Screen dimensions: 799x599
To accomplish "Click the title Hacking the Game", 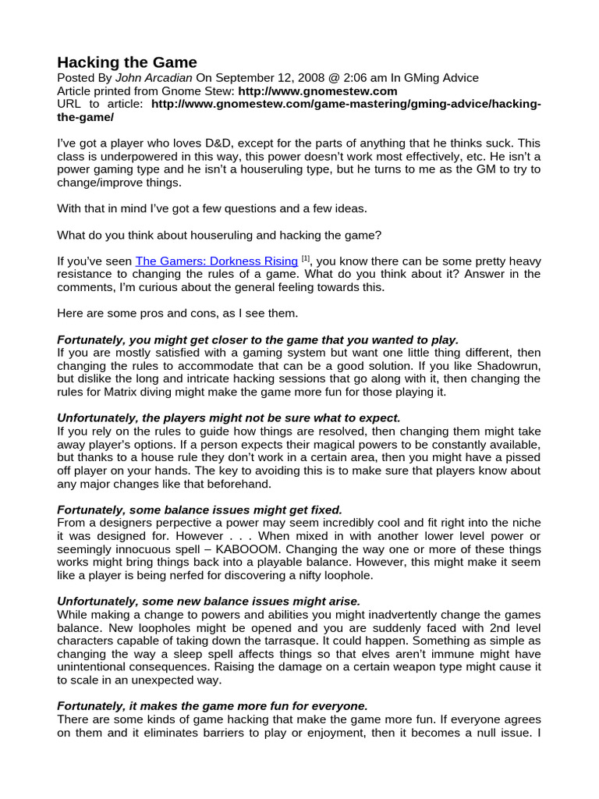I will point(127,62).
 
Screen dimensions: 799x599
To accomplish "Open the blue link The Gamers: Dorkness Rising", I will point(216,261).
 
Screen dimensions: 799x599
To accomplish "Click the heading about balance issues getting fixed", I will point(200,510).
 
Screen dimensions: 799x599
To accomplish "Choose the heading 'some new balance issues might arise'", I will point(209,602).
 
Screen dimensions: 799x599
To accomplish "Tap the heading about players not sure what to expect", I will point(229,418).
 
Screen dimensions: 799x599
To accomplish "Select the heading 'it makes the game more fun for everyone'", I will point(212,706).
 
